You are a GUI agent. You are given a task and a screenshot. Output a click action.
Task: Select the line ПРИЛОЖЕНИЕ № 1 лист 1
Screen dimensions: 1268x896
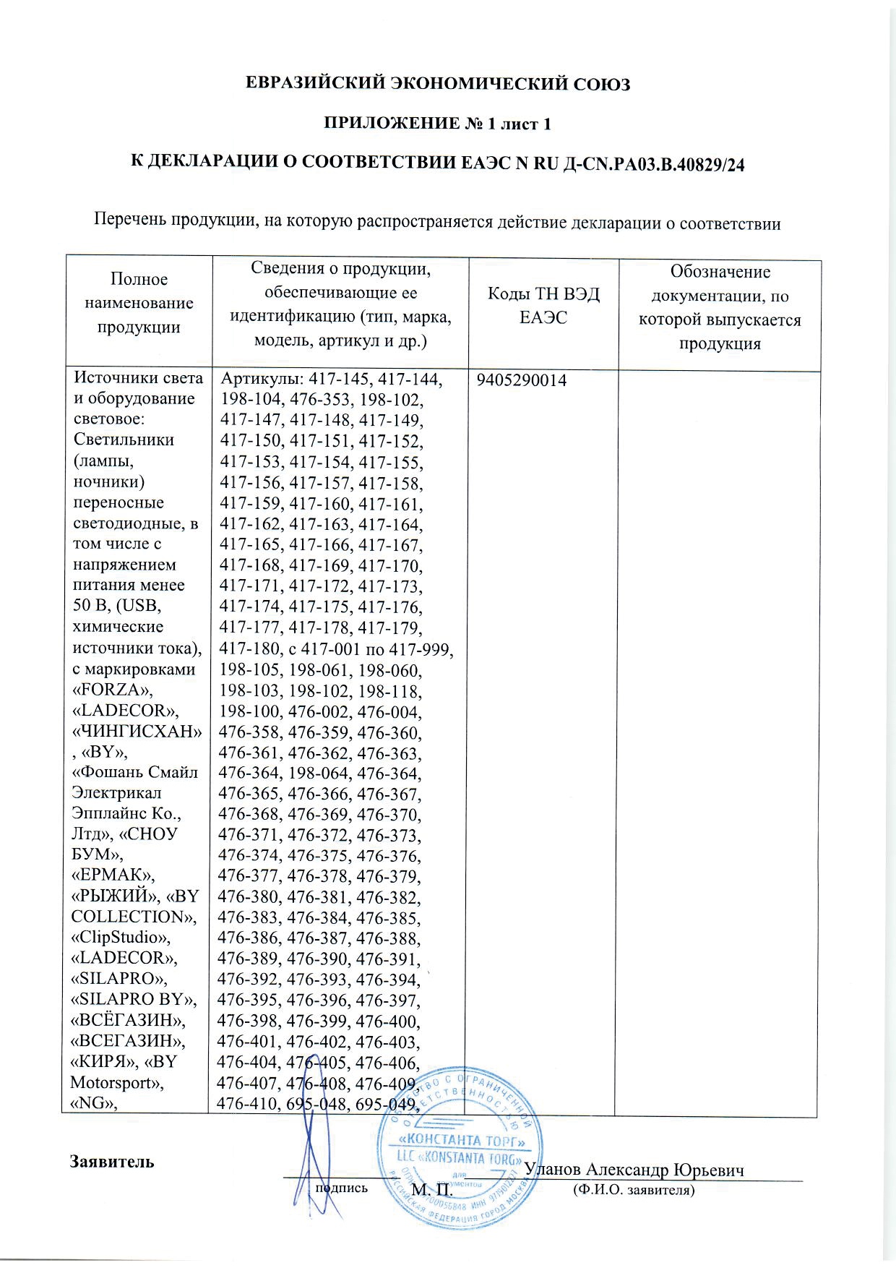coord(436,124)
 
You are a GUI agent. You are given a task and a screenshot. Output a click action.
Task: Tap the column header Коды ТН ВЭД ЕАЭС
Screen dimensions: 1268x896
coord(543,305)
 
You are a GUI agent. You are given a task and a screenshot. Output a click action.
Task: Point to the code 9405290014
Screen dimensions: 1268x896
coord(521,380)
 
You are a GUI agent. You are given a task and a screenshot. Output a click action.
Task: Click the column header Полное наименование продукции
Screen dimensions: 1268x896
coord(139,303)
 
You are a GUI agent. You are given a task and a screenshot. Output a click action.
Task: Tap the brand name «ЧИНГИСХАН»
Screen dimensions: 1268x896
coord(134,730)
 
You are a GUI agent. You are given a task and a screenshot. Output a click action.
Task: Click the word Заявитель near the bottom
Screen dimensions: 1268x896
coord(112,1162)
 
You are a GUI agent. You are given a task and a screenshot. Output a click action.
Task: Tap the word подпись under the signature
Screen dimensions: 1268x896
coord(341,1188)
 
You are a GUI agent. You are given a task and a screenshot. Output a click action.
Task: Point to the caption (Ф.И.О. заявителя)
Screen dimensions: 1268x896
coord(633,1189)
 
